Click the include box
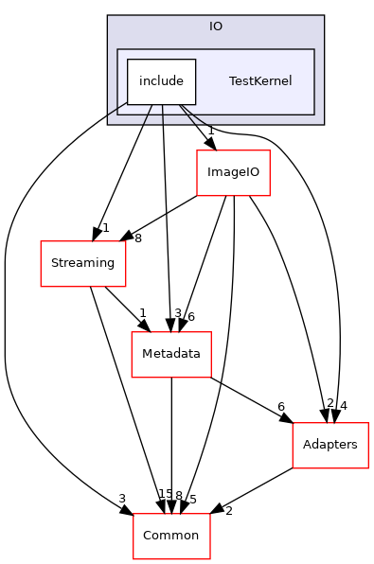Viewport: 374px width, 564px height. click(161, 81)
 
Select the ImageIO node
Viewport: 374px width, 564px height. click(233, 173)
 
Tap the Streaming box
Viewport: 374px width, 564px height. click(82, 263)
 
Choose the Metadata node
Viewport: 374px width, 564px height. click(170, 355)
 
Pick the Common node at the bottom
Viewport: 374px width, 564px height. click(170, 535)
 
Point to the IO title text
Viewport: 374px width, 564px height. click(216, 26)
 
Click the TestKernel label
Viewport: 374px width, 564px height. click(259, 81)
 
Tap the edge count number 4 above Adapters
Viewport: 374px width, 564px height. click(343, 405)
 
